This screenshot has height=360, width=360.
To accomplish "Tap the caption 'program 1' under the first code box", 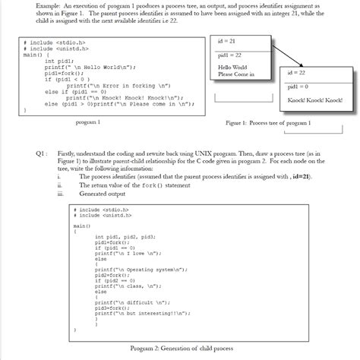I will (x=89, y=122).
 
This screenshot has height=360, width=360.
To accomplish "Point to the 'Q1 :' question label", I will (x=44, y=151).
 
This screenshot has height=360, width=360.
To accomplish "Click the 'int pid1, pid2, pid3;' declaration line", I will (x=125, y=236).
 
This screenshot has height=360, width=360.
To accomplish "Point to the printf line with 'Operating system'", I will (x=141, y=268).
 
